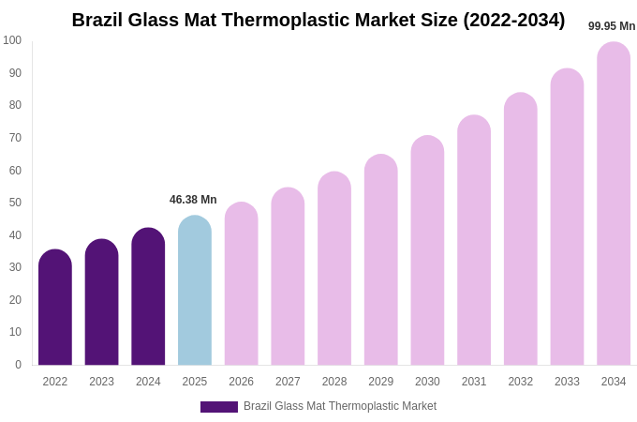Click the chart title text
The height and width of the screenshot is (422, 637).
pyautogui.click(x=318, y=20)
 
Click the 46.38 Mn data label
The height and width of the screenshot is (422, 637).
pyautogui.click(x=193, y=200)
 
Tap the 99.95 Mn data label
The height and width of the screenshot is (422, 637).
pyautogui.click(x=612, y=26)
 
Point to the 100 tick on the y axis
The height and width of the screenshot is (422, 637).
pyautogui.click(x=12, y=40)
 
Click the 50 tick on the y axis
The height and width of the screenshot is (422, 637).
pyautogui.click(x=15, y=203)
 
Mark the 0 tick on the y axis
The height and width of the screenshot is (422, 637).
pyautogui.click(x=18, y=365)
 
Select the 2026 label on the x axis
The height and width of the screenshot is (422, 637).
pyautogui.click(x=241, y=382)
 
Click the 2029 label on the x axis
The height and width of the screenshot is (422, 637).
pyautogui.click(x=380, y=382)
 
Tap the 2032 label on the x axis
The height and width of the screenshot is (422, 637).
pyautogui.click(x=520, y=382)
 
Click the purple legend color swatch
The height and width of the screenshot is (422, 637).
pyautogui.click(x=219, y=407)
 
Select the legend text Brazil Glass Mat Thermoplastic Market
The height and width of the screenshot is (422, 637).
pyautogui.click(x=340, y=406)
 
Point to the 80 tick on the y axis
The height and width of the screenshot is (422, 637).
pyautogui.click(x=15, y=105)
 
